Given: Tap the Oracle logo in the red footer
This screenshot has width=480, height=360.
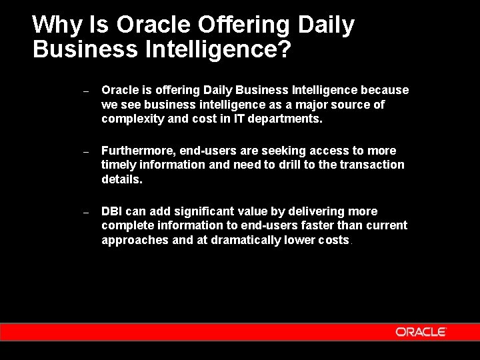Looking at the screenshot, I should pyautogui.click(x=420, y=331).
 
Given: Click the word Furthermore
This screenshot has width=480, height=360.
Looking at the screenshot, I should pyautogui.click(x=137, y=151).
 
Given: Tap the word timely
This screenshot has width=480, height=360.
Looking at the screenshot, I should pyautogui.click(x=119, y=165).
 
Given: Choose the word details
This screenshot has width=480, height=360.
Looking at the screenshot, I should pyautogui.click(x=122, y=179).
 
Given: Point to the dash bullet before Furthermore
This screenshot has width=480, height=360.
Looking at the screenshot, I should pyautogui.click(x=86, y=152).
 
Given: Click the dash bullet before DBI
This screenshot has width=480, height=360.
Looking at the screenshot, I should pyautogui.click(x=86, y=212).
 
